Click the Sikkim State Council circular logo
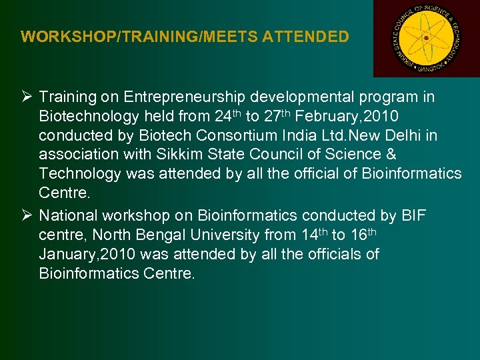[426, 38]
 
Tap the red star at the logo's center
[426, 38]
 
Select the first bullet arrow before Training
[27, 97]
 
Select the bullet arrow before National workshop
[27, 215]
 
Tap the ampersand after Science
[390, 155]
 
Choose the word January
[67, 254]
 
